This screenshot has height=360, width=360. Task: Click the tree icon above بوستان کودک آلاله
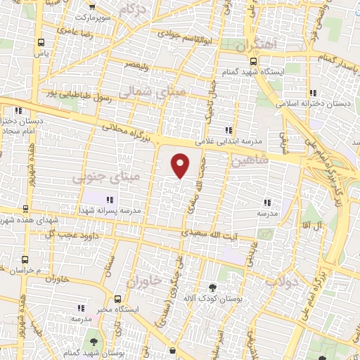[x=212, y=288]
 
